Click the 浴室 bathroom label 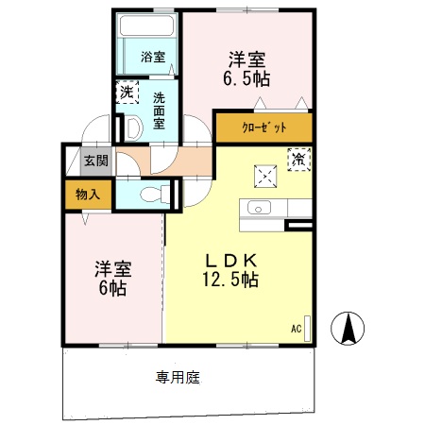click(x=153, y=57)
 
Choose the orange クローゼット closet click(x=263, y=127)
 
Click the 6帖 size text click(x=111, y=287)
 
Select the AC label click(x=296, y=329)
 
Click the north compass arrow click(x=348, y=327)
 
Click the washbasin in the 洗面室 click(x=132, y=125)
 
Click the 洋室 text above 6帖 click(x=111, y=267)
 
